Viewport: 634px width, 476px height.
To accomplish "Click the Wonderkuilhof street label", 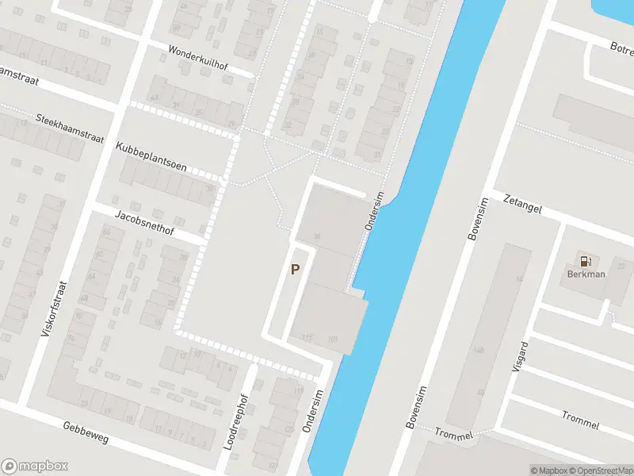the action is pos(197,57).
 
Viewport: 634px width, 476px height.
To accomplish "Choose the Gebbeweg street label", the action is pos(86,432).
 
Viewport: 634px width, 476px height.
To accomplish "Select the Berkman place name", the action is pos(586,274).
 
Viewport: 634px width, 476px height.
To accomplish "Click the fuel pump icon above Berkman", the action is pos(586,260).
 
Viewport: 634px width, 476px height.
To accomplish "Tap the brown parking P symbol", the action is pos(295,270).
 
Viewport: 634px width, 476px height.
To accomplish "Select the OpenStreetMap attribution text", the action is pos(602,470).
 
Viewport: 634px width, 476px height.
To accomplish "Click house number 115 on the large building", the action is pos(307,338).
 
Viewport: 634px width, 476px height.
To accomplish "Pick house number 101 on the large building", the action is pos(333,340).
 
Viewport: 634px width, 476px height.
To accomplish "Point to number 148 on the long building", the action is pos(478,350).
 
